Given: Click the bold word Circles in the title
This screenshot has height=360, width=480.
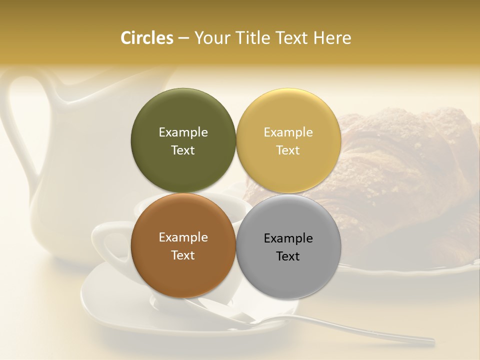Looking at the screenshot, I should pyautogui.click(x=147, y=38).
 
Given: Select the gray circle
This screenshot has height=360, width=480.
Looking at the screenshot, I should pyautogui.click(x=288, y=277).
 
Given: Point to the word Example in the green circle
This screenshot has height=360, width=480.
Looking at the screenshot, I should pyautogui.click(x=183, y=132).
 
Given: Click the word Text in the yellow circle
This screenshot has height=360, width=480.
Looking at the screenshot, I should pyautogui.click(x=288, y=150).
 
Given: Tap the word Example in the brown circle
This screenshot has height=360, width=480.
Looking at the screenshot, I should pyautogui.click(x=183, y=237).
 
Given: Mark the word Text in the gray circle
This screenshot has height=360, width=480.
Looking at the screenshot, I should pyautogui.click(x=288, y=256).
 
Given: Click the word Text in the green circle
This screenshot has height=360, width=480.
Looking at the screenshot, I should pyautogui.click(x=183, y=150).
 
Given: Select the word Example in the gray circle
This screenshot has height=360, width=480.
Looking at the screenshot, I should pyautogui.click(x=288, y=238).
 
